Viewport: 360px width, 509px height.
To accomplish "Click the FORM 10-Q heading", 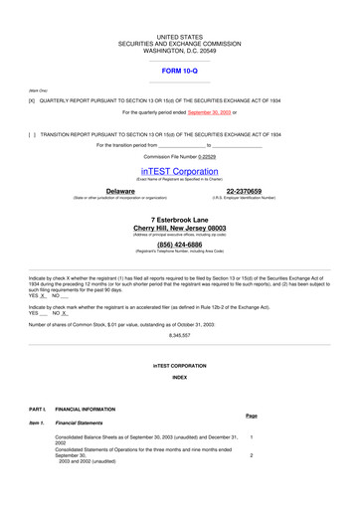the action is point(179,72).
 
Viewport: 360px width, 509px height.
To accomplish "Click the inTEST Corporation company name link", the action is point(179,171).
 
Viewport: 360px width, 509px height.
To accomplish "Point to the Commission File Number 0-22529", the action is point(179,157).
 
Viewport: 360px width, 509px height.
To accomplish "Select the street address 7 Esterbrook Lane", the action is point(180,218).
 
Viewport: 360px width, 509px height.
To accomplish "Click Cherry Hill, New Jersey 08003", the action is point(180,228).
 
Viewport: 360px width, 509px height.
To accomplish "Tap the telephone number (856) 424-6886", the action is point(180,244).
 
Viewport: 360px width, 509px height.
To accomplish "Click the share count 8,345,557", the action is point(180,336).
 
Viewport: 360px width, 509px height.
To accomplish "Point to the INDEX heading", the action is point(180,378).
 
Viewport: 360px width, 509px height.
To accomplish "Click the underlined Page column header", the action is point(252,416).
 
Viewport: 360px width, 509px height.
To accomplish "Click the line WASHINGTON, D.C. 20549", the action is point(180,52).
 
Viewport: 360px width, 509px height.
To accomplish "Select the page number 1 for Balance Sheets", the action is point(252,437).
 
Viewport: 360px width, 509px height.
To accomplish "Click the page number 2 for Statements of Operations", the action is point(252,455).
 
